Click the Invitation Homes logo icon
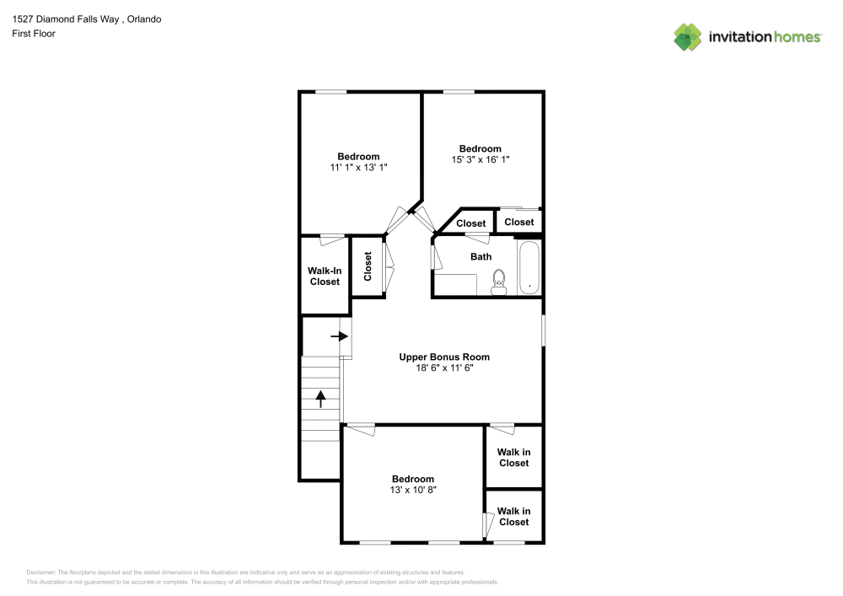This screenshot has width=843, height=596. pos(688,36)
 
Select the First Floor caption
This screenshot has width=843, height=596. pos(34,34)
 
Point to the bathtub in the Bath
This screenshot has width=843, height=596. pos(529,269)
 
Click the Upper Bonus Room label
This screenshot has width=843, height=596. pos(444,357)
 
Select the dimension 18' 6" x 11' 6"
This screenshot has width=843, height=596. pos(444,368)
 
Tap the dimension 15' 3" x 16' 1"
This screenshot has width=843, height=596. pos(480,159)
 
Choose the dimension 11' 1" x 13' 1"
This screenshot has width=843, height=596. pos(358,167)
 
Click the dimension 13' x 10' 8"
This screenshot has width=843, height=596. pos(413,490)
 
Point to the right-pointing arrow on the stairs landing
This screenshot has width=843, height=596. pos(339,336)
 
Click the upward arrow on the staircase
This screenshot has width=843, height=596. pos(320,398)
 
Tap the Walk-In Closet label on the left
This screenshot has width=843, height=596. pos(325,276)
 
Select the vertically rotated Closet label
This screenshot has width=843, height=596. pos(368,266)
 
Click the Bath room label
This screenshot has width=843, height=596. pos(481,256)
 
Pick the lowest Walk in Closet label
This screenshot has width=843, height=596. pos(513,516)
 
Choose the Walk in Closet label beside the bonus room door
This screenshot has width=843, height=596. pos(513,457)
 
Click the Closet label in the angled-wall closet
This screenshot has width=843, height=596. pos(471,223)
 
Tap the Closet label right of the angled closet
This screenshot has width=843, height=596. pos(519,222)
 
